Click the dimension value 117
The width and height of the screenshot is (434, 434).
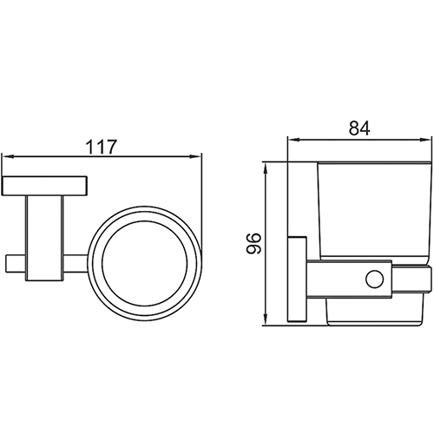(x=102, y=147)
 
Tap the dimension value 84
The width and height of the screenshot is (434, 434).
(x=359, y=128)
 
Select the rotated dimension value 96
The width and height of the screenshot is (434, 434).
(x=253, y=243)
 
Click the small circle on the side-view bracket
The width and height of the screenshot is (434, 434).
(x=374, y=279)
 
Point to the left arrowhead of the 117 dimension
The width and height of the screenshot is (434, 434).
(x=7, y=156)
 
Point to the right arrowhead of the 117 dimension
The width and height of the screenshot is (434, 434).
(x=195, y=156)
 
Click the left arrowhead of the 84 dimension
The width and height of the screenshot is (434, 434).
(x=293, y=140)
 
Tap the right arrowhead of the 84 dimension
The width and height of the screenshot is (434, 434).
(x=425, y=140)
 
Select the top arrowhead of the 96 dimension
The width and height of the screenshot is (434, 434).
(x=266, y=168)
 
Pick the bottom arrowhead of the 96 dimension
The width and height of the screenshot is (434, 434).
(x=266, y=319)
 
